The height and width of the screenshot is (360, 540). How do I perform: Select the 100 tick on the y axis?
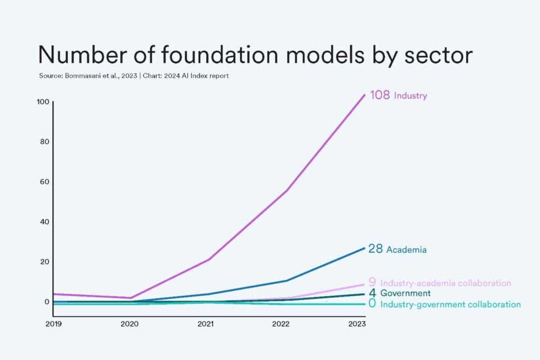point(43,101)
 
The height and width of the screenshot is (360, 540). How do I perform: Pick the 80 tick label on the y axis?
point(44,141)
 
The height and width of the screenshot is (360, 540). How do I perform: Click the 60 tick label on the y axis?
point(44,181)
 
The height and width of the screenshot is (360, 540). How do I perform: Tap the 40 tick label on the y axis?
point(44,221)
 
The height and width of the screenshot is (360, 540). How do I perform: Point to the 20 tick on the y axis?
point(44,261)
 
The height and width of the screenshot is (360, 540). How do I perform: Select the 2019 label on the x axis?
point(53,324)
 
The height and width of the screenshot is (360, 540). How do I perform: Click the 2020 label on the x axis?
point(130,324)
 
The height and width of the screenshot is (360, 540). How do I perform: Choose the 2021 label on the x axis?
point(206,324)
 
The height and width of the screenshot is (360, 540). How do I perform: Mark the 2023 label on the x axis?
point(358,324)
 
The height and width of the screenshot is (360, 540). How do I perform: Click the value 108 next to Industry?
point(380,95)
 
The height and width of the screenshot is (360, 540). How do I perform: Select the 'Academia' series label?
point(406,250)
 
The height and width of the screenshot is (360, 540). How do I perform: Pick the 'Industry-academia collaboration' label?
point(446,283)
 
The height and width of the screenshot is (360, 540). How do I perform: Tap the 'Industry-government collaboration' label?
point(450,304)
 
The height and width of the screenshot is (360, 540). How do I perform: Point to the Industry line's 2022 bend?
point(286,190)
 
